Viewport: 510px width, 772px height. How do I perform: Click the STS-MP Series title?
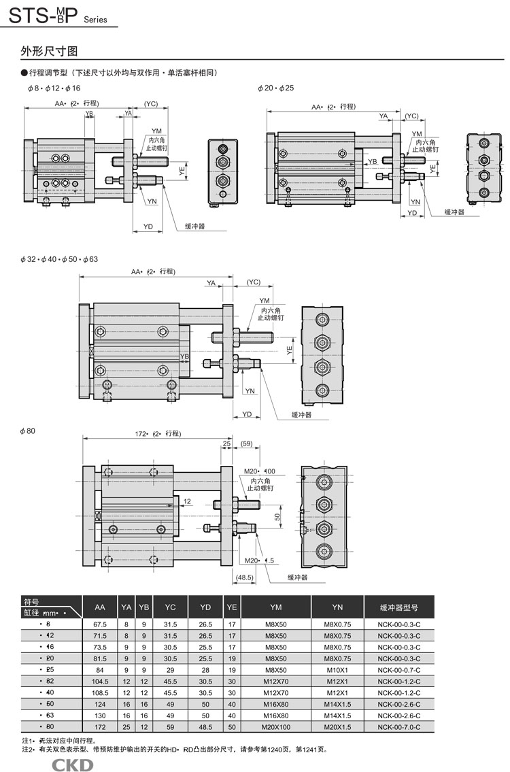pyautogui.click(x=58, y=15)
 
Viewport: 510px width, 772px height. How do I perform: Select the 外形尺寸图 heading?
pyautogui.click(x=50, y=51)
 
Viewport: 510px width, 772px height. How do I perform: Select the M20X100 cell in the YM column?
pyautogui.click(x=275, y=727)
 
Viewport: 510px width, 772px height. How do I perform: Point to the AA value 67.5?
pyautogui.click(x=99, y=624)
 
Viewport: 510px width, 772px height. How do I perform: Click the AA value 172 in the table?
pyautogui.click(x=99, y=727)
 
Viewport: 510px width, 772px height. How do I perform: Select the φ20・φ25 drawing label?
pyautogui.click(x=275, y=88)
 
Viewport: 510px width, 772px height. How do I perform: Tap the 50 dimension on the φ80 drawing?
pyautogui.click(x=277, y=518)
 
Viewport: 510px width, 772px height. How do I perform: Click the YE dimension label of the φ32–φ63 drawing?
pyautogui.click(x=289, y=351)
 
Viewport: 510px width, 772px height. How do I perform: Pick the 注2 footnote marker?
pyautogui.click(x=28, y=749)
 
